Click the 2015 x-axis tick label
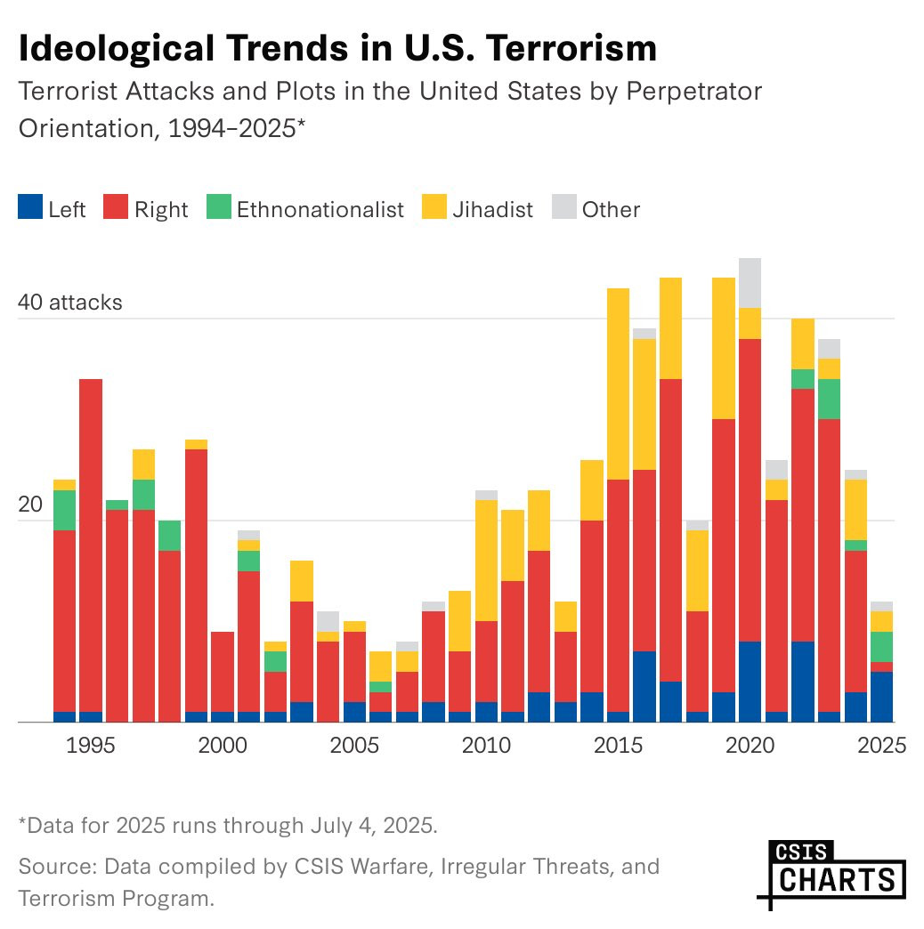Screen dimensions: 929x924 [618, 746]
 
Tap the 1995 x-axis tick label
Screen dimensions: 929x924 [92, 746]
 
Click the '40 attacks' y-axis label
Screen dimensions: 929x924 [70, 303]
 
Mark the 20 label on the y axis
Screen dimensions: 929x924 [31, 505]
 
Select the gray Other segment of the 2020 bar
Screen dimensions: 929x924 [750, 283]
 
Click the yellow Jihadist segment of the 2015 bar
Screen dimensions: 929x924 [618, 384]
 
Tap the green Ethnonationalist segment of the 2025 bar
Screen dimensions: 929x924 [881, 646]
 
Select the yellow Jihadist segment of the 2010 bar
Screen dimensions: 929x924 [486, 561]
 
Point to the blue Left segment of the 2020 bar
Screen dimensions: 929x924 [750, 682]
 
